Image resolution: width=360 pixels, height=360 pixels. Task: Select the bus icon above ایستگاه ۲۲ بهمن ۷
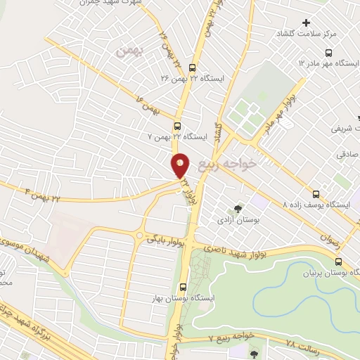(x=176, y=126)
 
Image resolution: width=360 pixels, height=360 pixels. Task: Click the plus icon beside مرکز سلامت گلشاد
(x=306, y=23)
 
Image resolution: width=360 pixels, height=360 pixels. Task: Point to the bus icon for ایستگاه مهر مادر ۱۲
(x=328, y=53)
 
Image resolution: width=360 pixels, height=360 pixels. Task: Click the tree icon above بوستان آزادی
(x=238, y=209)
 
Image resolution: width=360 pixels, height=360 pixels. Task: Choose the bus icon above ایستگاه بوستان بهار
(x=183, y=287)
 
